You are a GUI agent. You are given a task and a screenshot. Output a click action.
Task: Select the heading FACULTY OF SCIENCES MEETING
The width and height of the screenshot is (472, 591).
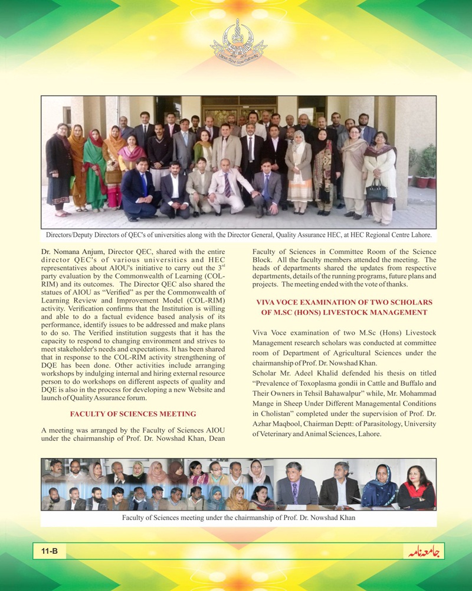133,414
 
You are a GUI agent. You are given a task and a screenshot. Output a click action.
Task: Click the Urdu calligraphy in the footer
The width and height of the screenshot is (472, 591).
423,552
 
